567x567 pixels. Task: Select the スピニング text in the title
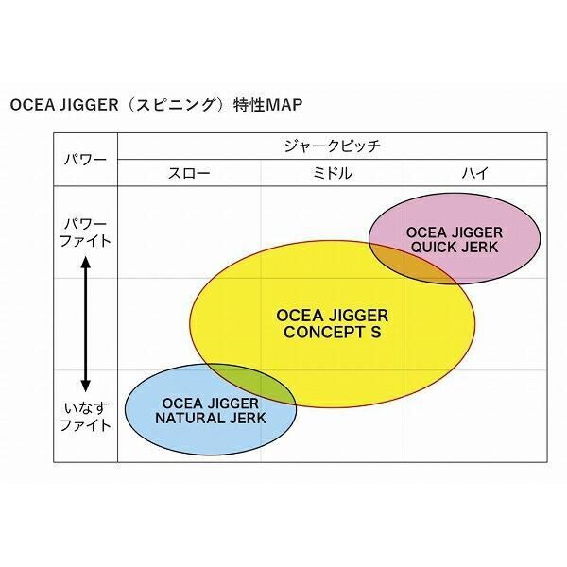[175, 103]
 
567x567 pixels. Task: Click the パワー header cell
[85, 159]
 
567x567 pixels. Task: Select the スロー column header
[189, 173]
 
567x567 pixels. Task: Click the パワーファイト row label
[85, 232]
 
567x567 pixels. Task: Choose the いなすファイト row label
[85, 416]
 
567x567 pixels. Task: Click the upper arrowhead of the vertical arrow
[85, 266]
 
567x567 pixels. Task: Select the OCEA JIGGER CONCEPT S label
[332, 324]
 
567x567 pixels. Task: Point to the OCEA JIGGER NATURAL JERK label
[210, 409]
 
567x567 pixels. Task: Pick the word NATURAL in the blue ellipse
[189, 417]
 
